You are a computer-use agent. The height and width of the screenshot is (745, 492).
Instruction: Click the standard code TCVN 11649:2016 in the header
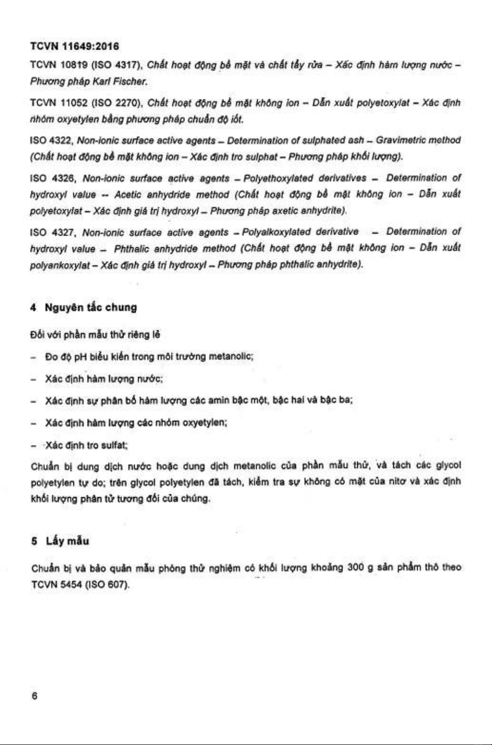[x=74, y=47]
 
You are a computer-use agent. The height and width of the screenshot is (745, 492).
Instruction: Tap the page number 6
[x=34, y=696]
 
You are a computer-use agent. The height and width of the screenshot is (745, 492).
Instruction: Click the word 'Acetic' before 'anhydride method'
[x=128, y=195]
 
